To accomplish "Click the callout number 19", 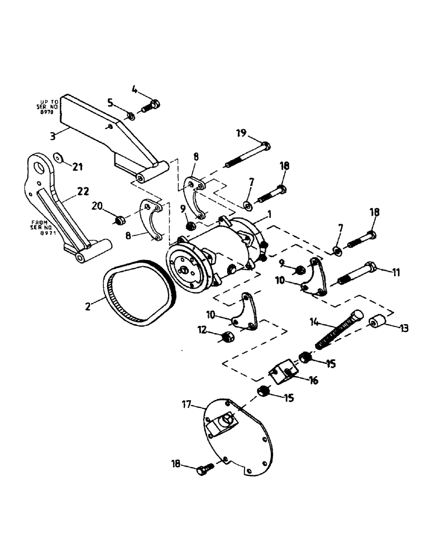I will coord(240,133).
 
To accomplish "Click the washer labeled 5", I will coord(130,115).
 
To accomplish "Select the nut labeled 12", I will coord(227,338).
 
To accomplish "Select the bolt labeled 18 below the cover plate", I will coord(203,469).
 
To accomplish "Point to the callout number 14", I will coord(315,322).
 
